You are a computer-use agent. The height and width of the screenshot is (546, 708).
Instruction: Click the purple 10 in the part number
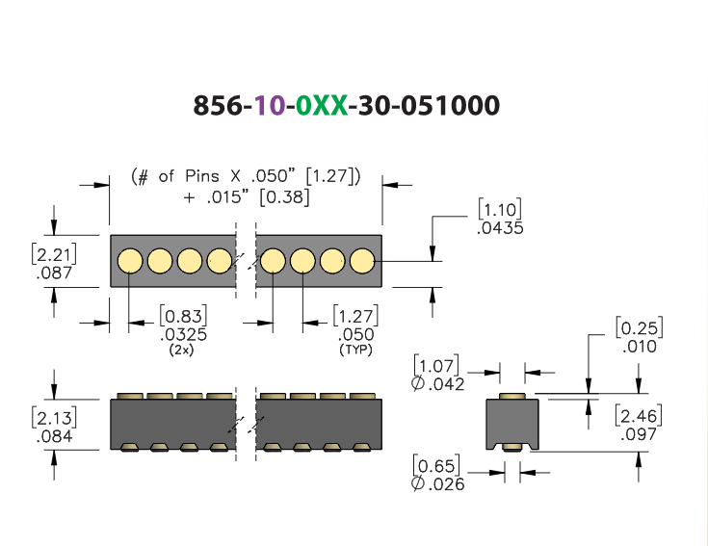[x=270, y=106]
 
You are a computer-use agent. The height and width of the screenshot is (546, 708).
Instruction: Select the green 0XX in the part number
[x=323, y=106]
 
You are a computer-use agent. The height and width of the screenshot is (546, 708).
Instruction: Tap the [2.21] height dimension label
[x=54, y=254]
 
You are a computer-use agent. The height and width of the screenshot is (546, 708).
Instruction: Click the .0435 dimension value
[x=500, y=228]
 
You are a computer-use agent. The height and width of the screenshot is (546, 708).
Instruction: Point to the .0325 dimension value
[x=183, y=335]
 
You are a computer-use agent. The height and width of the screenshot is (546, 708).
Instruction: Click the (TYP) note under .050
[x=355, y=350]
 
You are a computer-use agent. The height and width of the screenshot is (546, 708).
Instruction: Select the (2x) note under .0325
[x=181, y=350]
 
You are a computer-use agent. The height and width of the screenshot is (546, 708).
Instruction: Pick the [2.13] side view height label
[x=54, y=417]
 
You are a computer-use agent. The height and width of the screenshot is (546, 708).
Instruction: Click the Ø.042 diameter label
[x=437, y=384]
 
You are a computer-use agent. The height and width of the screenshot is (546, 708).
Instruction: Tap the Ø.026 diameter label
[x=437, y=483]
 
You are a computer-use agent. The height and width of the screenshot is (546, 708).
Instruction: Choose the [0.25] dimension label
[x=639, y=327]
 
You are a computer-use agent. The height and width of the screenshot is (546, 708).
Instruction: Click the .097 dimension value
[x=639, y=434]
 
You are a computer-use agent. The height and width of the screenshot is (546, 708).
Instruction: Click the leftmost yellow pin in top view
[x=130, y=261]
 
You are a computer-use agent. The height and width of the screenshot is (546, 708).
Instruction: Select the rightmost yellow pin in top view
[x=362, y=261]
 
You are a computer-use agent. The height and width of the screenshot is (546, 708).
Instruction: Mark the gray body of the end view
[x=512, y=422]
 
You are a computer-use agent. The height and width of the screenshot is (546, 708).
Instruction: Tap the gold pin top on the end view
[x=512, y=396]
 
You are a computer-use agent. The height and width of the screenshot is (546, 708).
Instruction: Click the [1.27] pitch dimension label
[x=355, y=316]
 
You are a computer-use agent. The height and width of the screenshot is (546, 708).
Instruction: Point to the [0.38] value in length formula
[x=284, y=197]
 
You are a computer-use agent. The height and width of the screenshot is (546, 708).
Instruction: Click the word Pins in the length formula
[x=202, y=176]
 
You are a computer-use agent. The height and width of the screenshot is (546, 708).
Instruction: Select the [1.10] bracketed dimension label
[x=500, y=209]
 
